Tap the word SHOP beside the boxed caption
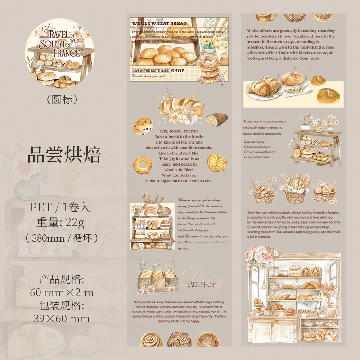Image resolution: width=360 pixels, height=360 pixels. click(x=178, y=71)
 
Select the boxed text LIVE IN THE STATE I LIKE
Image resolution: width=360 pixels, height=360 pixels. click(x=150, y=71)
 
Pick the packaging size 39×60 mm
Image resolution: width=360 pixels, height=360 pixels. click(x=62, y=319)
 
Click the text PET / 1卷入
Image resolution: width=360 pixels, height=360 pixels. click(x=60, y=207)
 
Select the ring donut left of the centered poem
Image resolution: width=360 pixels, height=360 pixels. click(x=143, y=166)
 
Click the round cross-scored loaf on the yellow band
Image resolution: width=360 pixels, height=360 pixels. click(x=327, y=94)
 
